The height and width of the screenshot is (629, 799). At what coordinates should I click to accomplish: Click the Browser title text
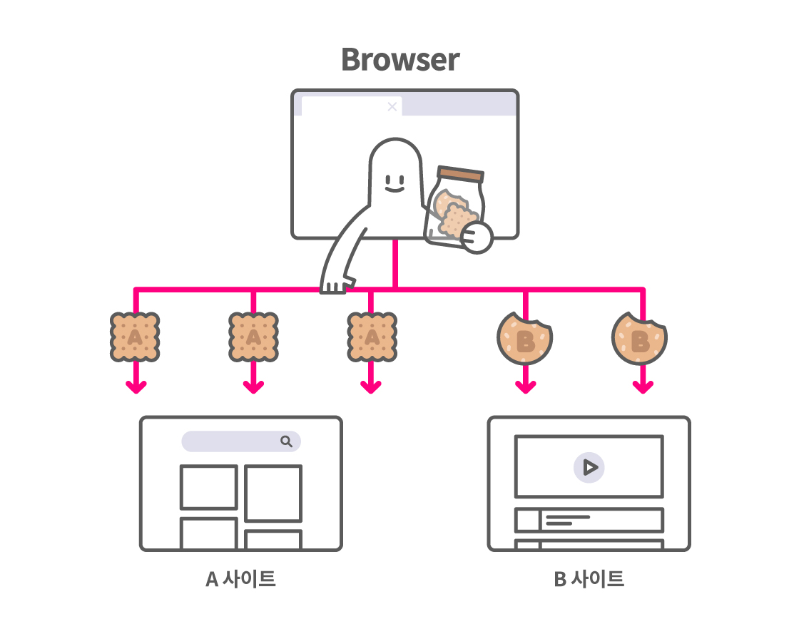400,59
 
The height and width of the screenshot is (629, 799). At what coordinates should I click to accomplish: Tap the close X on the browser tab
392,107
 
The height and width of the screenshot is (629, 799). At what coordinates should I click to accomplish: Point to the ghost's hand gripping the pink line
335,285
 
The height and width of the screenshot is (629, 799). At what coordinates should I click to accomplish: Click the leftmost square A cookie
135,337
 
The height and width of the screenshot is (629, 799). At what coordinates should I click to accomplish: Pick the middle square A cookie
253,337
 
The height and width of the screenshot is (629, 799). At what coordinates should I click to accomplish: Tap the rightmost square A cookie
372,337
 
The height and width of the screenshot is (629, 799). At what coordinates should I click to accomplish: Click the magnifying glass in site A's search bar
286,441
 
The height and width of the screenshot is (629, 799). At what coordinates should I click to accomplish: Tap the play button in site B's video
589,468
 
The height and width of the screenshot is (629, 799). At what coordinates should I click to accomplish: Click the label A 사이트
240,579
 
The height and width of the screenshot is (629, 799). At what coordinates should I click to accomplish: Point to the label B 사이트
589,579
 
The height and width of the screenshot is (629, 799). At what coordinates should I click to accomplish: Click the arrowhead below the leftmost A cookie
136,387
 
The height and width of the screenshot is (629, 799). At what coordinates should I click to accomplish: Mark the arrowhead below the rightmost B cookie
643,387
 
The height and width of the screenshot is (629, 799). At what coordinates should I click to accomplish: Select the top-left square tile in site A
209,487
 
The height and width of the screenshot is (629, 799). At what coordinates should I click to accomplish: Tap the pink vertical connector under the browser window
395,264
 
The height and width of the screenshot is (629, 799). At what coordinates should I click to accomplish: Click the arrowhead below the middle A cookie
253,387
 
